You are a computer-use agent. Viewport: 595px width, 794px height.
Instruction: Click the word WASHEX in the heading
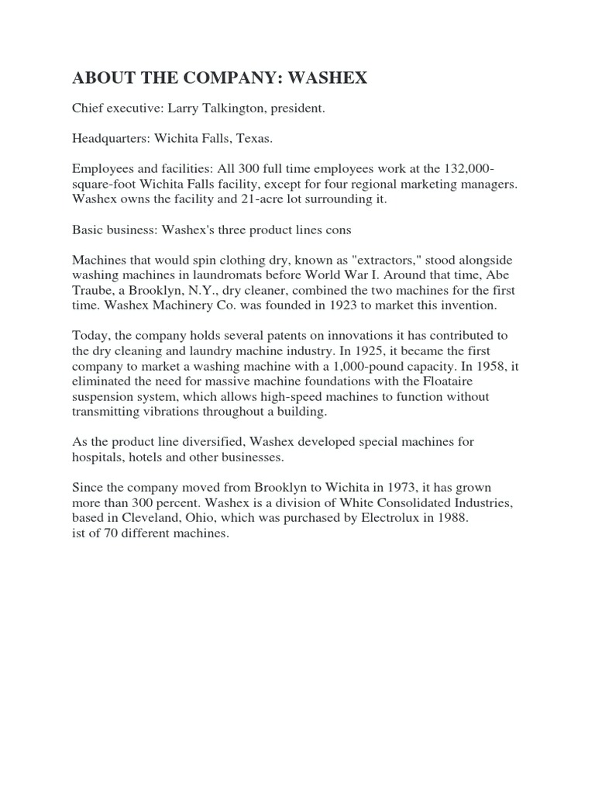coord(326,78)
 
